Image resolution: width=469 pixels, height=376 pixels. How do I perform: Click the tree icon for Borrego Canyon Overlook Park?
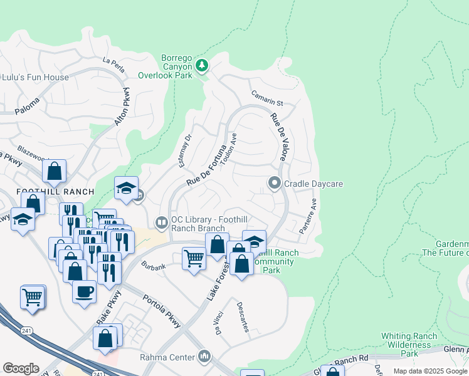point(201,65)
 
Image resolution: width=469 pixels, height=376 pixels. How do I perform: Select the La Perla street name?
point(113,61)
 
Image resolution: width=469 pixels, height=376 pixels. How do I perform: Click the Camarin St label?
point(268,98)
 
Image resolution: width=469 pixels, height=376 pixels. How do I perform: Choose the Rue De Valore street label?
point(278,137)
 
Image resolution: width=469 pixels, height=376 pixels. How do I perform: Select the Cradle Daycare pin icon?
point(274,183)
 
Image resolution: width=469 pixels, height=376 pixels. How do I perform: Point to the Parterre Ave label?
point(308,216)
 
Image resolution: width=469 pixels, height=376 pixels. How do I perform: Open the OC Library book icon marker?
point(161,222)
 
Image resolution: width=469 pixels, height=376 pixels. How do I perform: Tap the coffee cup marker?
point(84,291)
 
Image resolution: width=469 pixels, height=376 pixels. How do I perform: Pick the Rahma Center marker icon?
point(204,357)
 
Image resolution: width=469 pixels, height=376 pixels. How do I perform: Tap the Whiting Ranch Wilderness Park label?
point(409,345)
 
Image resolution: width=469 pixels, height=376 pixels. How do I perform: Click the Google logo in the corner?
point(21,368)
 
